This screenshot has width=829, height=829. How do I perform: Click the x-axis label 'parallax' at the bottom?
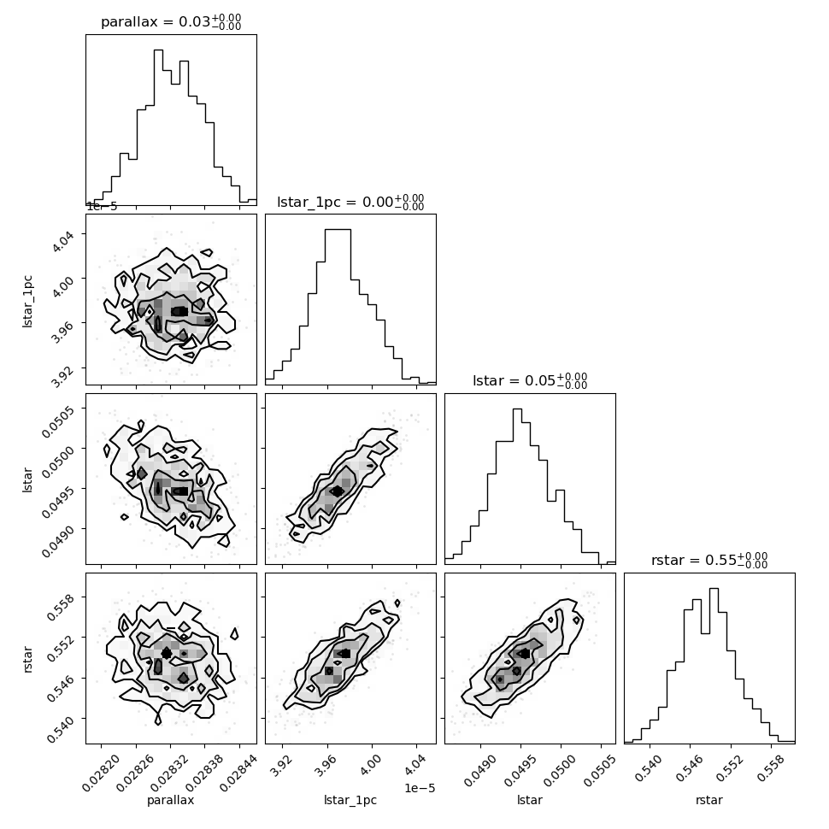(170, 801)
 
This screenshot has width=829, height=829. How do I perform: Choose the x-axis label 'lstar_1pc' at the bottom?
(350, 801)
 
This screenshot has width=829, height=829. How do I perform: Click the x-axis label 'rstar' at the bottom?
(709, 801)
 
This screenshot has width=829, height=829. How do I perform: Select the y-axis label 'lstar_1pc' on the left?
(27, 302)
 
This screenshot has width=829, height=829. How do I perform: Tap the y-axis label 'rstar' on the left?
(27, 659)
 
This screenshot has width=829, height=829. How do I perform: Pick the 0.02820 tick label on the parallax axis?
(102, 773)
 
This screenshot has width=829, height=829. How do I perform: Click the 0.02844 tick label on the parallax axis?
(239, 773)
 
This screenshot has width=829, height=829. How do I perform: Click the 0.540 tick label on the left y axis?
(61, 729)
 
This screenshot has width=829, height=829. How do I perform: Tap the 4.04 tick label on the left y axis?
(63, 240)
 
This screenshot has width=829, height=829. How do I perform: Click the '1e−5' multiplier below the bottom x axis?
(420, 788)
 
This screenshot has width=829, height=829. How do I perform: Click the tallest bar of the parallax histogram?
(158, 127)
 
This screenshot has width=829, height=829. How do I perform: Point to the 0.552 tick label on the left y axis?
(61, 648)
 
